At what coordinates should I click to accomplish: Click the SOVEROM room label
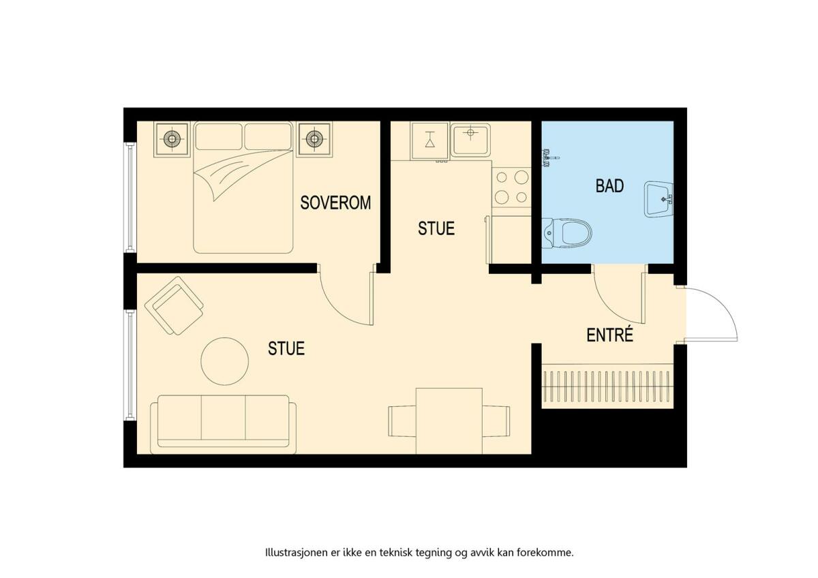click(x=335, y=202)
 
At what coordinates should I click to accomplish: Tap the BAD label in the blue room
click(x=609, y=186)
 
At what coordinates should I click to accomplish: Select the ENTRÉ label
click(x=609, y=335)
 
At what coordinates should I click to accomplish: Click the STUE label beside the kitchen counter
click(x=436, y=228)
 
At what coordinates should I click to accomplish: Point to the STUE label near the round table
click(x=286, y=348)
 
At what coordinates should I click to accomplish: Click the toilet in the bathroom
click(x=566, y=233)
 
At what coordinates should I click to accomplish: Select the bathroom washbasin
click(x=658, y=200)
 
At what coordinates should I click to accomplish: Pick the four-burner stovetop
click(x=511, y=187)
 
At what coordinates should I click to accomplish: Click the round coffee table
click(x=224, y=361)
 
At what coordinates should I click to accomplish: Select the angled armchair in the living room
click(x=175, y=305)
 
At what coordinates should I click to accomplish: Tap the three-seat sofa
click(x=223, y=424)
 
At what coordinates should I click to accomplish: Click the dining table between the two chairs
click(x=449, y=421)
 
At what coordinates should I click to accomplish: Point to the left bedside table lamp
click(x=172, y=139)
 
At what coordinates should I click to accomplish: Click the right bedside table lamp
click(x=314, y=139)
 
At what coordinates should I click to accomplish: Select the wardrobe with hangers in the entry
click(x=607, y=386)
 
